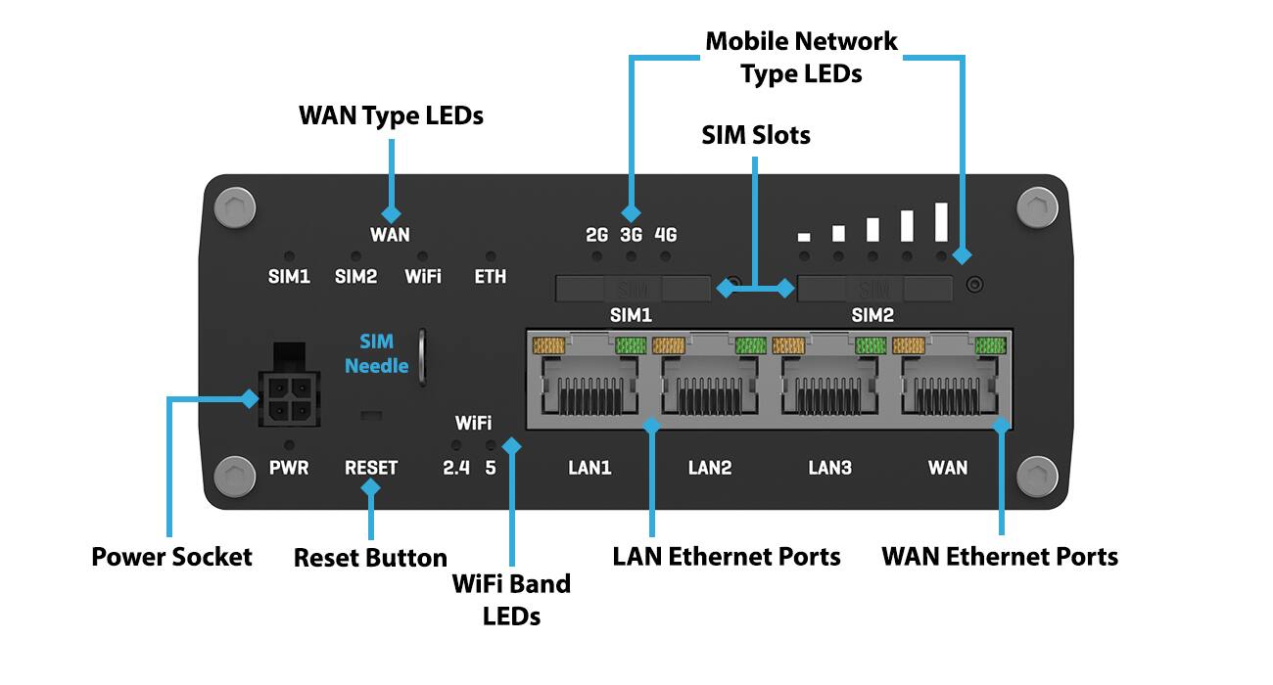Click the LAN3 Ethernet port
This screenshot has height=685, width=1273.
coord(829,385)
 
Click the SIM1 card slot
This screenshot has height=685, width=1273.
coord(632,289)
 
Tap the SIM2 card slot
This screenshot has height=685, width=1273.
coord(874,289)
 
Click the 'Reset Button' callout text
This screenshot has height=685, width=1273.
coord(370,558)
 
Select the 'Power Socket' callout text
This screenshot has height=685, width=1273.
coord(171,557)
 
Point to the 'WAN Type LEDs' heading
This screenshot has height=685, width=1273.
coord(391,115)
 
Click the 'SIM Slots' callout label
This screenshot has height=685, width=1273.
coord(756,135)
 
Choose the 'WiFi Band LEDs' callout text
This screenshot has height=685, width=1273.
coord(511,599)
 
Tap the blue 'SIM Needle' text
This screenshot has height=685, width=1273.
coord(376,353)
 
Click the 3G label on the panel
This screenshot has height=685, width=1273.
coord(631,235)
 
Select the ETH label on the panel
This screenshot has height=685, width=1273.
coord(491,277)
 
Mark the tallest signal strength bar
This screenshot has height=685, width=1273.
coord(942,221)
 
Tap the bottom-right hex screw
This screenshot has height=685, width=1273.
coord(1037,477)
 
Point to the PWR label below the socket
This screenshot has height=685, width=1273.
coord(289,468)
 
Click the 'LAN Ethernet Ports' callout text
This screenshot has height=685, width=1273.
coord(727,557)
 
